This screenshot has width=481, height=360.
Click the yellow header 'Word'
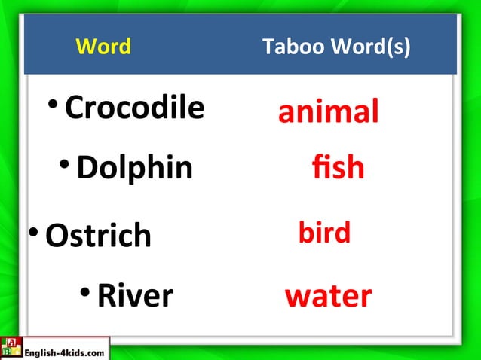point(103,47)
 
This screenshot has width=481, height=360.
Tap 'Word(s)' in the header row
point(372,47)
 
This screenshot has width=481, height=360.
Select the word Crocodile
point(134,108)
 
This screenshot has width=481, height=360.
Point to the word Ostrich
point(98,235)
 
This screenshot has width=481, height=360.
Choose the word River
point(135,295)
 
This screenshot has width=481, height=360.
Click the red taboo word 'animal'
point(328,112)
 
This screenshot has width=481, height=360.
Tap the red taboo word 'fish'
point(338,167)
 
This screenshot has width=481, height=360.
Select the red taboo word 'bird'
point(324,233)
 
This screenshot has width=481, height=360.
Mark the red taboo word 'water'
point(328,296)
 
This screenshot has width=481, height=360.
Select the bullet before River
point(87,292)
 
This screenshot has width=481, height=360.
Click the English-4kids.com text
point(65,351)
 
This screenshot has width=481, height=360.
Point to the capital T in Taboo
point(268,47)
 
